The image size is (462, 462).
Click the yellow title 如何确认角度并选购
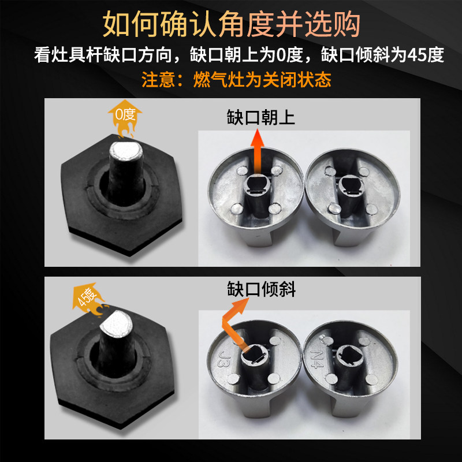pyautogui.click(x=232, y=24)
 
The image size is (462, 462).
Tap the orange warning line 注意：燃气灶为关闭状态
pyautogui.click(x=236, y=80)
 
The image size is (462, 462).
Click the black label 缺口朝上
pyautogui.click(x=261, y=117)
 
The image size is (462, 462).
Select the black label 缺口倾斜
pyautogui.click(x=261, y=289)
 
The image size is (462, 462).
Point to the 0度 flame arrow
pyautogui.click(x=125, y=118)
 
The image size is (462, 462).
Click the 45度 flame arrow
pyautogui.click(x=88, y=298)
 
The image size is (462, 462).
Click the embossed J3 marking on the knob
pyautogui.click(x=223, y=358)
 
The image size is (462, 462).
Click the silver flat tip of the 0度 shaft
pyautogui.click(x=126, y=151)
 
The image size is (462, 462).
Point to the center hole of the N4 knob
pyautogui.click(x=349, y=355)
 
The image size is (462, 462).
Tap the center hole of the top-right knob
pyautogui.click(x=351, y=185)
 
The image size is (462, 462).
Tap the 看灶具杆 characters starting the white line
pyautogui.click(x=68, y=55)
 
